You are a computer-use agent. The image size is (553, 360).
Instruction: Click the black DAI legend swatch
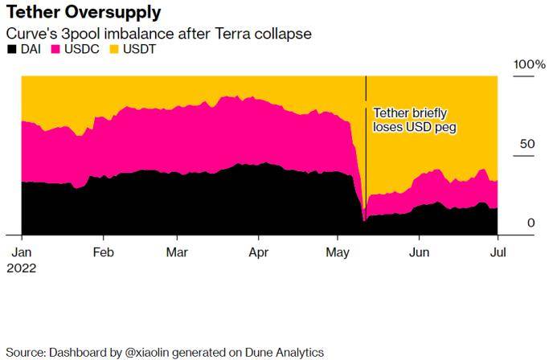coord(11,50)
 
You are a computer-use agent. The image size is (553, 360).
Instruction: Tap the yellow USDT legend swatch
coord(112,50)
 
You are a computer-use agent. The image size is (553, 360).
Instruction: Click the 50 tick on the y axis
coord(527,144)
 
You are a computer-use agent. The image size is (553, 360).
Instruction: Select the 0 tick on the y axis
coord(531,223)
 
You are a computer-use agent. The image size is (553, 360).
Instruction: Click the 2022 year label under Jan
coord(22,268)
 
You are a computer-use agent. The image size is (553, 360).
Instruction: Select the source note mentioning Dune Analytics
coord(165,352)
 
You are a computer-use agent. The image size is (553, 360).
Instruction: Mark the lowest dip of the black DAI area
coord(364,219)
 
